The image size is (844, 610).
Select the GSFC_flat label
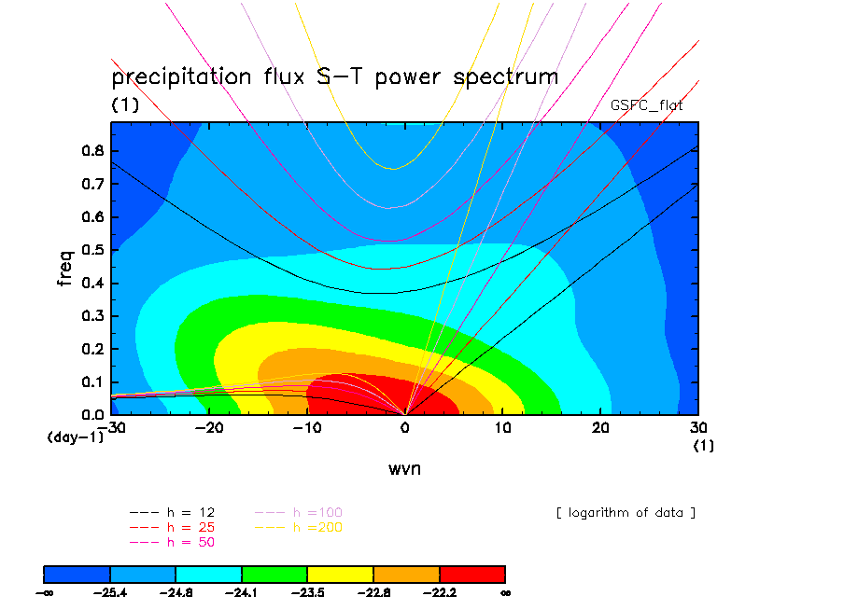pos(646,105)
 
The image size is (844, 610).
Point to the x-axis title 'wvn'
pos(404,468)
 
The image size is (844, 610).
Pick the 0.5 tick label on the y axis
pos(91,250)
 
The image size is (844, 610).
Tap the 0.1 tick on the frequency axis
pos(91,381)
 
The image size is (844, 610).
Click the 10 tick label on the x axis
pos(502,428)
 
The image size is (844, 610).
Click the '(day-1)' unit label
pos(75,437)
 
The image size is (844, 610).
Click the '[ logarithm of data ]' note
pos(626,513)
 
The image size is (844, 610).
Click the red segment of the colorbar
pos(471,573)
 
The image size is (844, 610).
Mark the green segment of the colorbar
pos(274,573)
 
